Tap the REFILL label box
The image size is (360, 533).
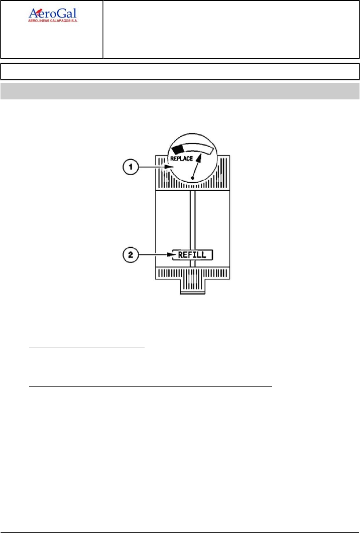click(x=193, y=255)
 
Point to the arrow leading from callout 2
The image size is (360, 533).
click(x=156, y=255)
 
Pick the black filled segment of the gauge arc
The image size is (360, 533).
click(x=177, y=150)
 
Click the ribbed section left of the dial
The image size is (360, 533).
click(x=162, y=174)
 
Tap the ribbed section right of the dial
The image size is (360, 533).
click(x=223, y=174)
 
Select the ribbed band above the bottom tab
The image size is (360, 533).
click(x=193, y=274)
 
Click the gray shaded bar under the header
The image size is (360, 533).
click(x=180, y=91)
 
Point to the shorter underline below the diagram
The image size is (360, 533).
click(x=87, y=346)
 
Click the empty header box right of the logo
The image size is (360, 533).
click(x=231, y=30)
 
